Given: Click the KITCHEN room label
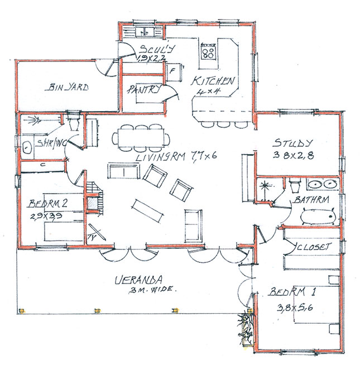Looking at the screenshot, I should (213, 81).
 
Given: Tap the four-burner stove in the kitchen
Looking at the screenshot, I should (209, 52).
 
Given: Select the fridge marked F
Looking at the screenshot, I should (172, 72).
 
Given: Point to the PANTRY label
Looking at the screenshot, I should (143, 89).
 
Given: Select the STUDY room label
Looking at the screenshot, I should (293, 143).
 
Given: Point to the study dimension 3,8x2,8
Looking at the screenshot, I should (293, 156).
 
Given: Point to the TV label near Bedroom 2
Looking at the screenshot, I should (93, 238).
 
